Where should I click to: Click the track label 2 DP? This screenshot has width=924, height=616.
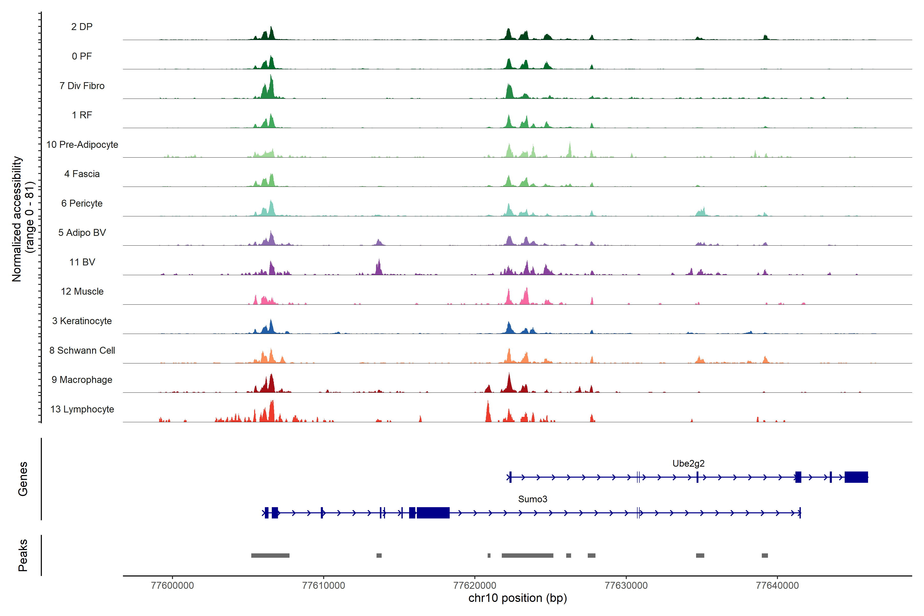click(x=82, y=27)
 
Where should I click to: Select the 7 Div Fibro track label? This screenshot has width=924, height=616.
click(x=82, y=86)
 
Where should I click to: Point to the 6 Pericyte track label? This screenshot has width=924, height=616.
click(x=82, y=203)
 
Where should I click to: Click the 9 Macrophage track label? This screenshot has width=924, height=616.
click(x=82, y=380)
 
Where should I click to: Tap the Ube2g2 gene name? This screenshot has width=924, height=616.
click(x=688, y=464)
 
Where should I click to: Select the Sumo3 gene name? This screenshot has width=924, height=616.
click(x=532, y=499)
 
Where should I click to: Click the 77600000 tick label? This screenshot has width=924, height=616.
click(x=172, y=585)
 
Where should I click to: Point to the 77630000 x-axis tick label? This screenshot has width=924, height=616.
click(x=626, y=585)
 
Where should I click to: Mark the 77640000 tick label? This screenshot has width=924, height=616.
click(x=777, y=585)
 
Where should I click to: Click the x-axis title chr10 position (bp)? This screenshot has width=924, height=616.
click(x=517, y=598)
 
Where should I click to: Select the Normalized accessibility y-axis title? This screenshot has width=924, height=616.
click(x=16, y=219)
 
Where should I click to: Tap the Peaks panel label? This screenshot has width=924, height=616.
click(x=23, y=555)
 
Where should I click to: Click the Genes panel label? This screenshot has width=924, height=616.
click(x=23, y=479)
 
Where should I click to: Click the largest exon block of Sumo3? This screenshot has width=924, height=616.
click(x=433, y=513)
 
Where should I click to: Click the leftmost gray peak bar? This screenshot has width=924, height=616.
click(x=270, y=555)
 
